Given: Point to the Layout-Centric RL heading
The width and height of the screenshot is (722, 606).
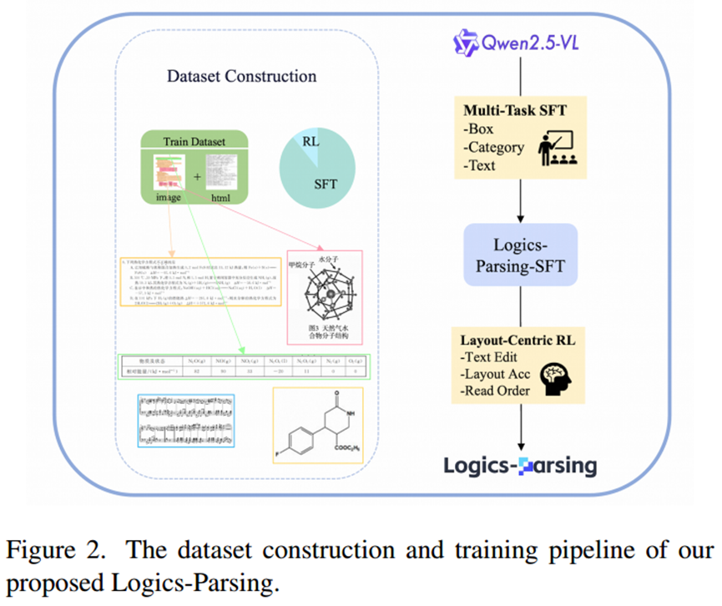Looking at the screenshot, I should tap(518, 341).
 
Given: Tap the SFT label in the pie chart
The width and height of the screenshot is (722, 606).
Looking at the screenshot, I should tap(326, 184).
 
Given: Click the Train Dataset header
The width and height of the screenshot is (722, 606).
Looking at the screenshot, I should tap(194, 141).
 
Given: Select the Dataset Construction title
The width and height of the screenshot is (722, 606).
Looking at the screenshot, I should tap(242, 77).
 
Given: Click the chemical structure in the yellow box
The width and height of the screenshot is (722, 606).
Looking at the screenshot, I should tap(316, 424).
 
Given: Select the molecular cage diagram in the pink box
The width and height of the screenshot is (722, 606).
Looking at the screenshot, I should tap(322, 296).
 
